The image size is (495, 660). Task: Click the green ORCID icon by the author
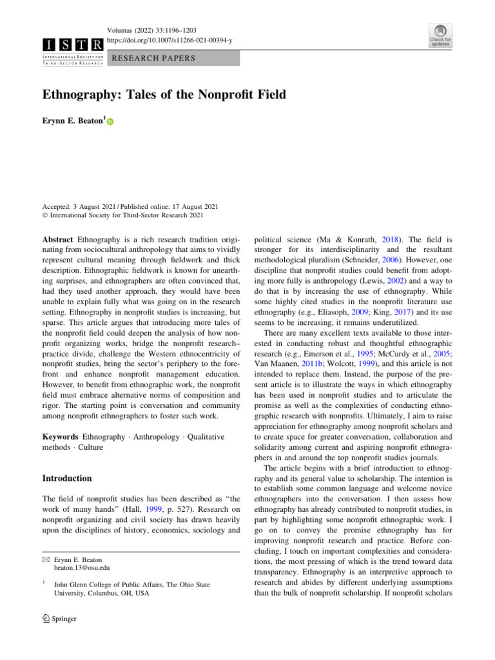tap(110, 122)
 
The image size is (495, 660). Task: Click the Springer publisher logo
tap(59, 619)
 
